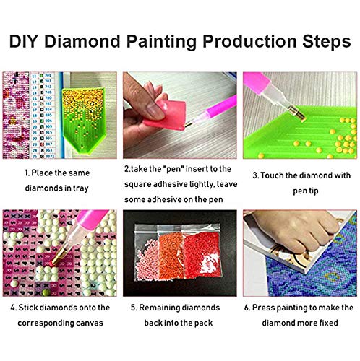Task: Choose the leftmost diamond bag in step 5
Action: [153, 253]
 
